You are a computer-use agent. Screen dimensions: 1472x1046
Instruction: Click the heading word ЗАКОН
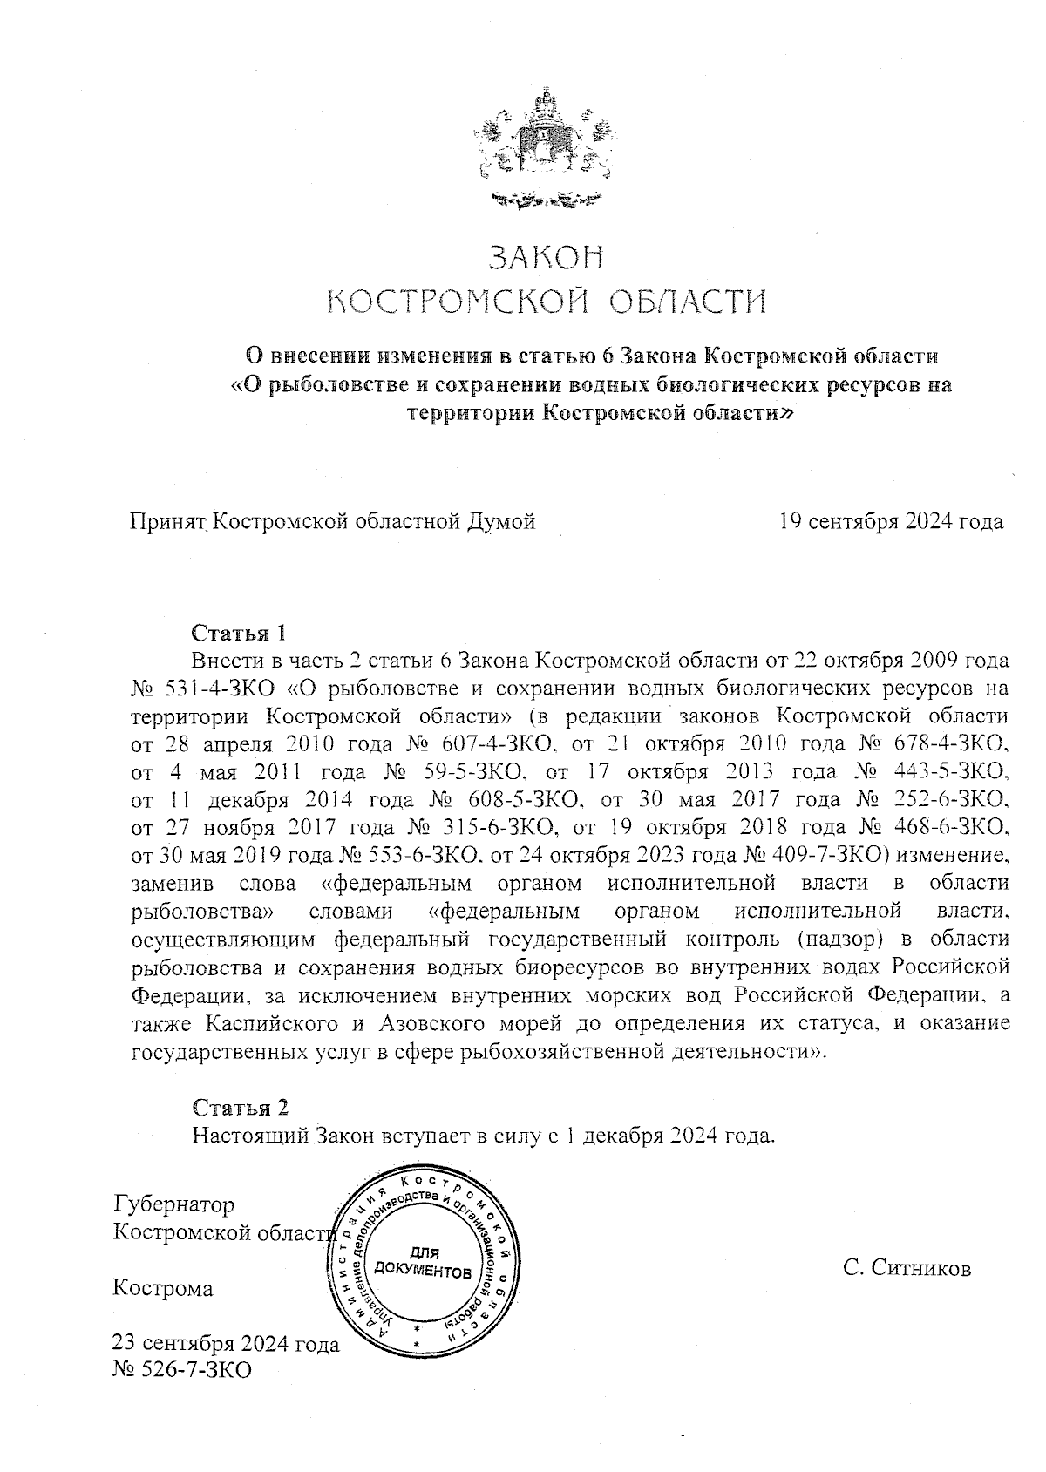(546, 258)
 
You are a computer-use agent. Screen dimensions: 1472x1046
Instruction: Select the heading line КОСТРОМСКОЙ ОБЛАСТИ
(546, 302)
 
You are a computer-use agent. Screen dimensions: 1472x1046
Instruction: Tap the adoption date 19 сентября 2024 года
(891, 521)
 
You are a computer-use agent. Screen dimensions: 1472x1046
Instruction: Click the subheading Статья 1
(238, 632)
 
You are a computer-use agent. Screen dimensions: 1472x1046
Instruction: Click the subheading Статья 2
(239, 1108)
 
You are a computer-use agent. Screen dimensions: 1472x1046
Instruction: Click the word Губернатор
(174, 1204)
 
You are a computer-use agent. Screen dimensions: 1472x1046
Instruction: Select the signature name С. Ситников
(907, 1268)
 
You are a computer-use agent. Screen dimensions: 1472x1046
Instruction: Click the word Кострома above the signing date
(163, 1288)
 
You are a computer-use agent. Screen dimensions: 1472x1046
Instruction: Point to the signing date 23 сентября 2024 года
(227, 1343)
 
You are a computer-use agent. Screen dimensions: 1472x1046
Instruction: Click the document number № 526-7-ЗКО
(182, 1370)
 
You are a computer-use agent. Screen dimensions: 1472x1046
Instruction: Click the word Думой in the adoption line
(501, 521)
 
